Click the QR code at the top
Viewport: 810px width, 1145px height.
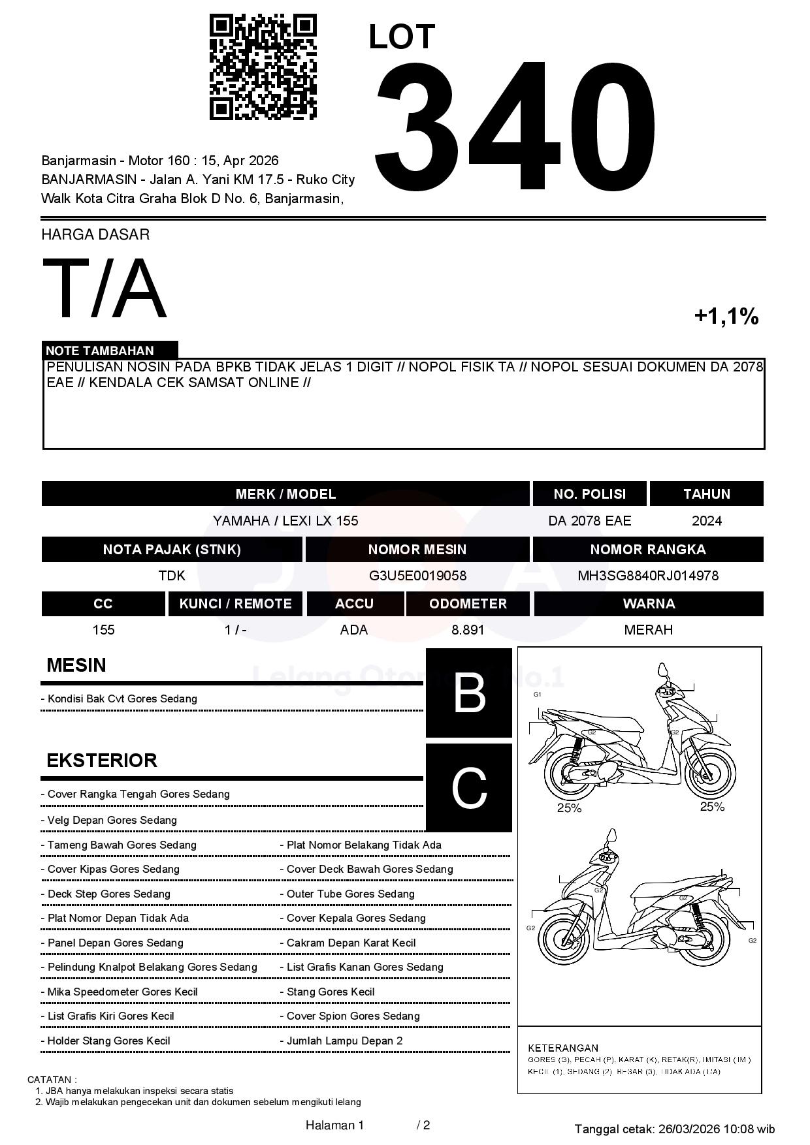point(263,67)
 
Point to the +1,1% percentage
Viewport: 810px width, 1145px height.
point(726,317)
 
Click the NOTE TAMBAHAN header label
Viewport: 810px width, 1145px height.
point(100,351)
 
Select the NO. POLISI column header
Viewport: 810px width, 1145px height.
point(589,494)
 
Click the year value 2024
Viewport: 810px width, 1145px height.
point(706,521)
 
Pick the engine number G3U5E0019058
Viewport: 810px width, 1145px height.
point(417,576)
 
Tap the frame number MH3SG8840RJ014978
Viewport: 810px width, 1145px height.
point(647,576)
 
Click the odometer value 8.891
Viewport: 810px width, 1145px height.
point(468,630)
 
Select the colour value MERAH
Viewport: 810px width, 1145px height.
point(648,630)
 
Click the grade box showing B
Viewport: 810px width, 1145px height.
point(469,693)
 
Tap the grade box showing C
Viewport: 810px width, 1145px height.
point(469,788)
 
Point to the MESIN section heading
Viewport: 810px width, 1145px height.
point(76,665)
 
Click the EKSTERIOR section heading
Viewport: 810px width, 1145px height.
point(102,761)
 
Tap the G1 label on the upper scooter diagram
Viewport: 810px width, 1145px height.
point(537,695)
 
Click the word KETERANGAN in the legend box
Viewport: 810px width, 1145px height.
point(563,1048)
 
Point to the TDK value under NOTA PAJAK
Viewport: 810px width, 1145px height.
point(172,576)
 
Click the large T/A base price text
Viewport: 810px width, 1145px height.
point(105,289)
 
